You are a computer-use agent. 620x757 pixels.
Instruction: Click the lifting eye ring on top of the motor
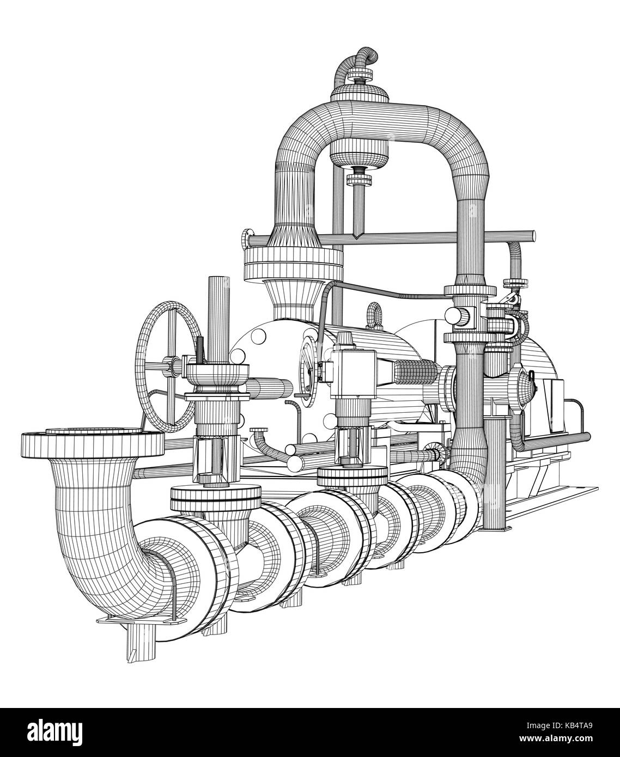pyautogui.click(x=375, y=313)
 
